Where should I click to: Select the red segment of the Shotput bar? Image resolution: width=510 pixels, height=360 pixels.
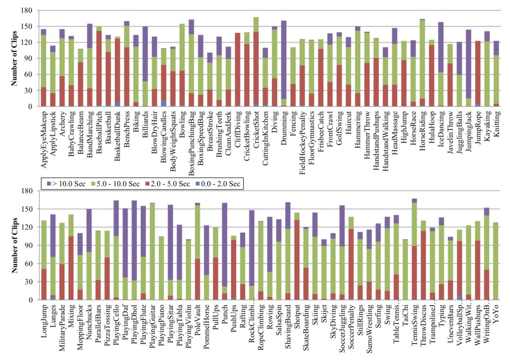coord(297,260)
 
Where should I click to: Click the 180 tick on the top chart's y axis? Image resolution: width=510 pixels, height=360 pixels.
coord(27,10)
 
